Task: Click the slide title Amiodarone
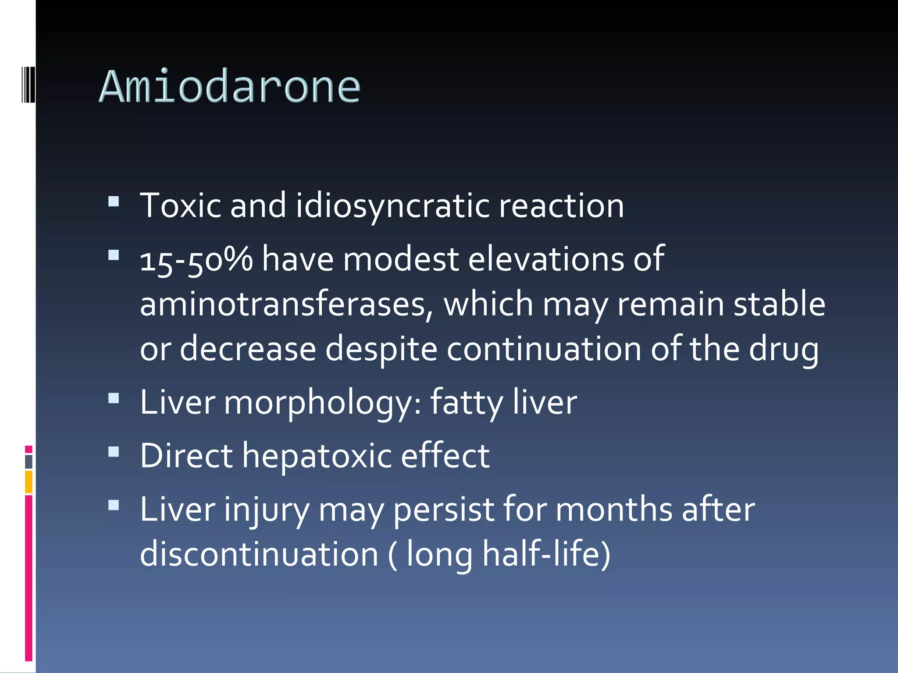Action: tap(230, 87)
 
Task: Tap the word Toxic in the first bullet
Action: tap(180, 205)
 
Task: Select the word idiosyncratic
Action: tap(392, 205)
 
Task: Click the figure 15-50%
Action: tap(196, 259)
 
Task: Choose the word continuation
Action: tap(544, 349)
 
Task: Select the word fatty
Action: tap(466, 402)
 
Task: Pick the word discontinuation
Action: tap(259, 554)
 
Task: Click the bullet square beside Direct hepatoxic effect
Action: tap(114, 452)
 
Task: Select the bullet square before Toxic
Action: tap(114, 201)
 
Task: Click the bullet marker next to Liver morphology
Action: tap(114, 398)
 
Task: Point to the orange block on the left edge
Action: tap(29, 482)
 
